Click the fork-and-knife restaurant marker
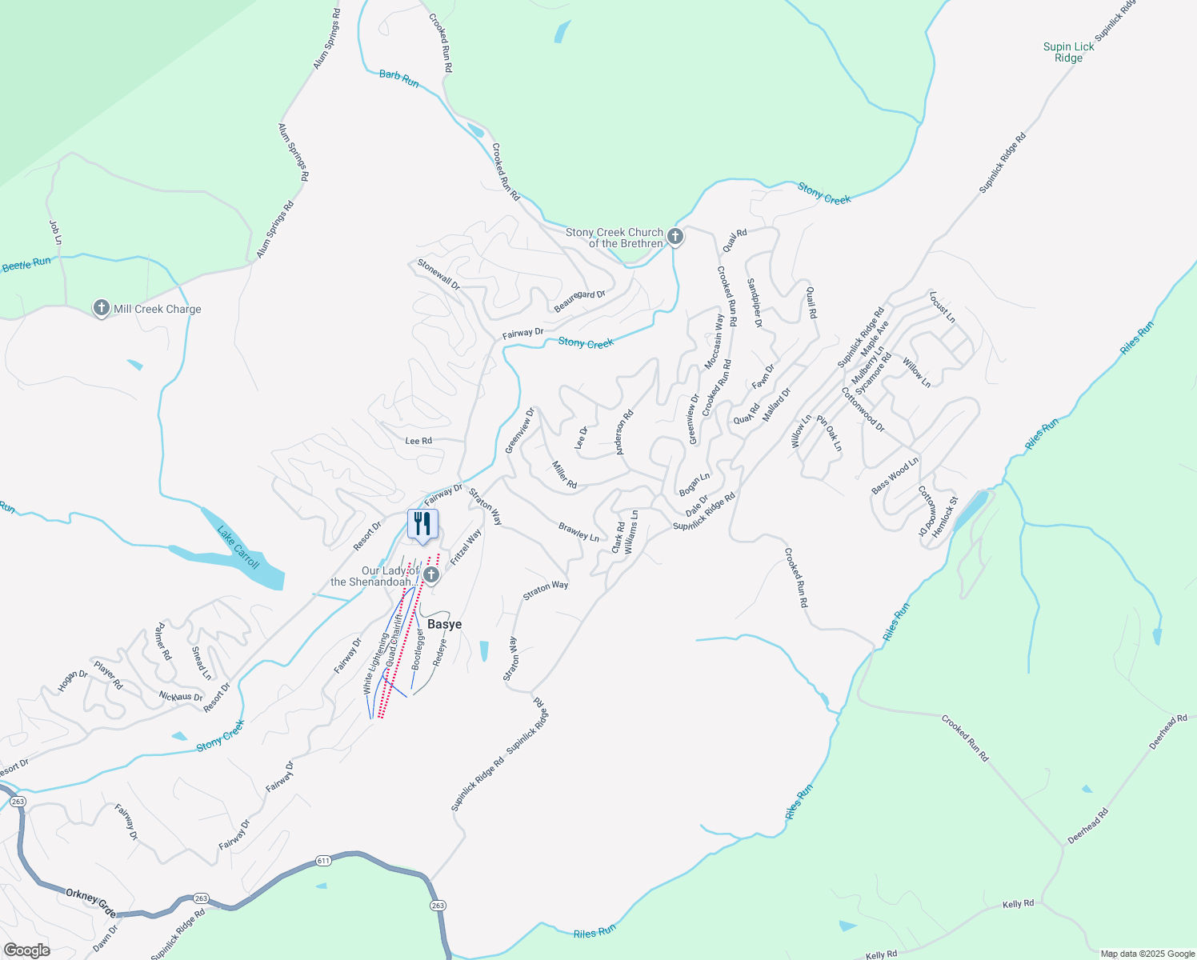pos(422,524)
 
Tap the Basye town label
pos(444,624)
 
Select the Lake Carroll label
pos(238,547)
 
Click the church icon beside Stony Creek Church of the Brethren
pos(675,237)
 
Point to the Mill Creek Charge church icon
pos(102,308)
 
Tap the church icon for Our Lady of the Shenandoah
pos(431,575)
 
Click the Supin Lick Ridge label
pos(1068,52)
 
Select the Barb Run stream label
pos(398,78)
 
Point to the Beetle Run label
pos(26,264)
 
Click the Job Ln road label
pos(55,232)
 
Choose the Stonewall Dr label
pos(438,274)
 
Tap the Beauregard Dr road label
pos(580,302)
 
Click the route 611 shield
pos(323,861)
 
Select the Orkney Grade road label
pos(90,902)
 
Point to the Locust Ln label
pos(942,307)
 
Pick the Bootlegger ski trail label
pos(418,649)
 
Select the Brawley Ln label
pos(578,532)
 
